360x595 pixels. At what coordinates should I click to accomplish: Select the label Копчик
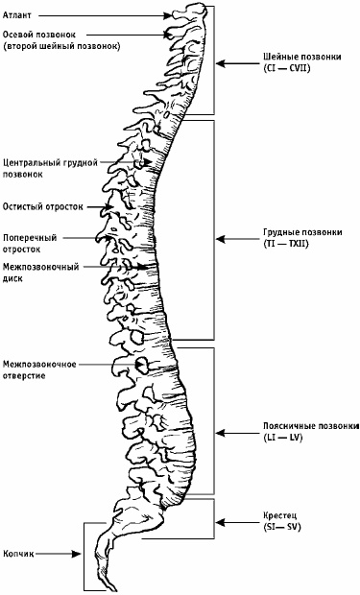20,554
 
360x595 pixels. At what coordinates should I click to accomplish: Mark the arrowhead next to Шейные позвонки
222,63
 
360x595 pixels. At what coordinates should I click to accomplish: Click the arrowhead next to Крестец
222,523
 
